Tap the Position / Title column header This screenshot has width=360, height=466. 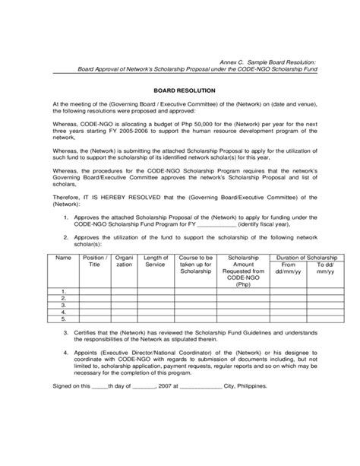click(94, 262)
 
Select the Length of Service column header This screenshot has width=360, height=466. click(156, 262)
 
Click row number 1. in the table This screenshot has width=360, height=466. click(65, 291)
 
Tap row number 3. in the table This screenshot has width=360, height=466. click(65, 305)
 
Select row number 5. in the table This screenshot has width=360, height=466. click(65, 319)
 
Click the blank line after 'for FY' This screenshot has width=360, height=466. click(216, 226)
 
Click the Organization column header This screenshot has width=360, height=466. click(124, 262)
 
